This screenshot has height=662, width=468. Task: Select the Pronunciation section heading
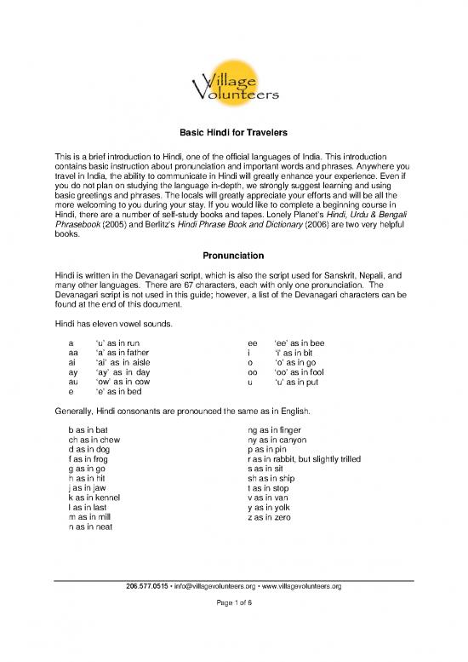point(234,256)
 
